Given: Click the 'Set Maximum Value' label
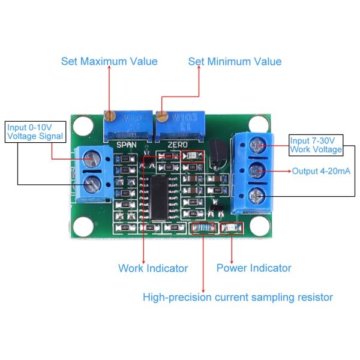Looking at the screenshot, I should pos(109,61).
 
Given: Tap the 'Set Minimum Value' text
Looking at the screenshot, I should pos(235,61).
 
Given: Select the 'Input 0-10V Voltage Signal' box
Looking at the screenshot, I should pos(34,132).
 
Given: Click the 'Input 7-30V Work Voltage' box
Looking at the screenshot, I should pos(316,145).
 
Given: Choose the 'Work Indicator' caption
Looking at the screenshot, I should pos(153,268).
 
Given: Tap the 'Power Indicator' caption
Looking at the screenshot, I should pos(254,268).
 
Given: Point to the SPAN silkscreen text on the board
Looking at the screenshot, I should pos(127,145).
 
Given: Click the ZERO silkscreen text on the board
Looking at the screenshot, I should pos(178,145).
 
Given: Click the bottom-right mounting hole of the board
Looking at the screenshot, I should pos(259,227).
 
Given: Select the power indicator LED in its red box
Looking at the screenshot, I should pos(231,229).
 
